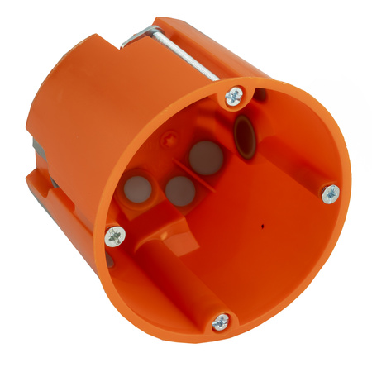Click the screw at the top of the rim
(235, 97)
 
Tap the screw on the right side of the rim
(330, 194)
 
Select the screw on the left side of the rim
(115, 237)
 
